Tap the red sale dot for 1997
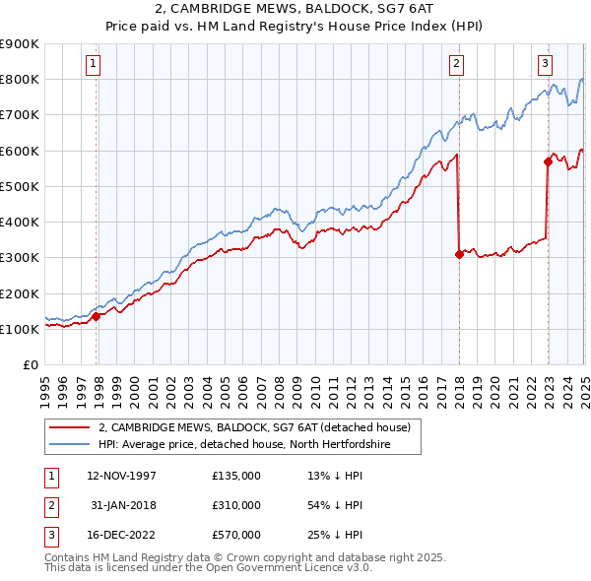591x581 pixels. point(97,316)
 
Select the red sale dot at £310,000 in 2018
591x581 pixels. point(460,254)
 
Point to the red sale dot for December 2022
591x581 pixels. point(548,161)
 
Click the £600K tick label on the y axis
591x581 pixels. point(21,151)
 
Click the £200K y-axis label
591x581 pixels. point(21,293)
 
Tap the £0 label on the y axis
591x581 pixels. point(31,365)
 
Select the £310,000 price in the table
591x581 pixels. point(236,505)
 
